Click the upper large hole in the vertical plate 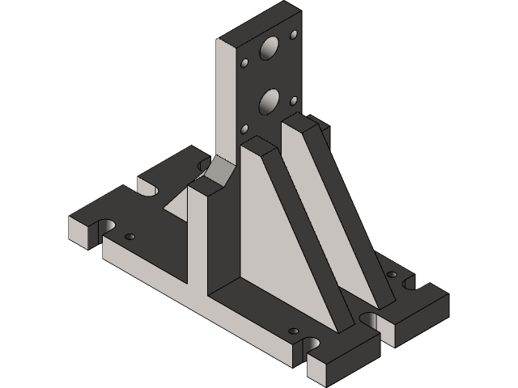(268, 50)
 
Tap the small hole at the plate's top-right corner (293, 35)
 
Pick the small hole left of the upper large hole (245, 62)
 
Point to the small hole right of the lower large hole (294, 100)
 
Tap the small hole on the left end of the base (129, 237)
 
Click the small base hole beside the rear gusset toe (393, 276)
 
